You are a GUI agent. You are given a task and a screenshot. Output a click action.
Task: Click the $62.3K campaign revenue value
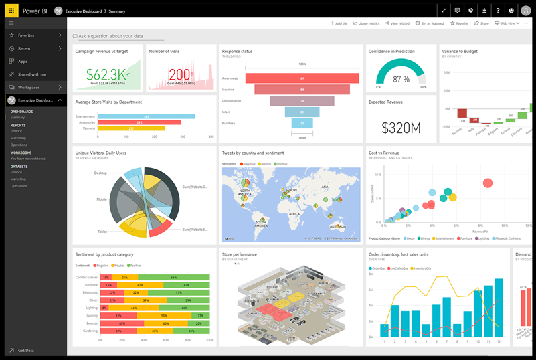pyautogui.click(x=106, y=73)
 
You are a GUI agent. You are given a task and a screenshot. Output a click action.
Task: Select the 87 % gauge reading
pyautogui.click(x=401, y=79)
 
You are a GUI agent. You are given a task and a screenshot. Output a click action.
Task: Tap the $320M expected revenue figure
pyautogui.click(x=401, y=128)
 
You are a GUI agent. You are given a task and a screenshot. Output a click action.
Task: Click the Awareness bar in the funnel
pyautogui.click(x=302, y=78)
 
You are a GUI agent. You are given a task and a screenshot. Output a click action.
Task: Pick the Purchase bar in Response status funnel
pyautogui.click(x=302, y=123)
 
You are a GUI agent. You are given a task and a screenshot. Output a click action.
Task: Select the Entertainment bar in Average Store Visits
pyautogui.click(x=146, y=116)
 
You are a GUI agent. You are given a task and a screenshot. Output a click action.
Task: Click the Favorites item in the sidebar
pyautogui.click(x=27, y=35)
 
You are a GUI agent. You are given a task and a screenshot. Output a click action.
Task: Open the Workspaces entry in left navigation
pyautogui.click(x=29, y=87)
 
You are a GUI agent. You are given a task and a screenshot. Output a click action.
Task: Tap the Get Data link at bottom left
pyautogui.click(x=27, y=350)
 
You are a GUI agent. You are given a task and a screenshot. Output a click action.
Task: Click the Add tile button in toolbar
pyautogui.click(x=339, y=23)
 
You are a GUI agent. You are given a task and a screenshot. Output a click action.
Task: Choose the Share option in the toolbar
pyautogui.click(x=481, y=23)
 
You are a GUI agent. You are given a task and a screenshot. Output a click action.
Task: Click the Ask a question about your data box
pyautogui.click(x=110, y=36)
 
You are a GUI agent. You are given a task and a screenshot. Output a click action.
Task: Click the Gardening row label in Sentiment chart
pyautogui.click(x=90, y=331)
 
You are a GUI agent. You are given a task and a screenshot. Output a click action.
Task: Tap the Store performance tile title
pyautogui.click(x=239, y=254)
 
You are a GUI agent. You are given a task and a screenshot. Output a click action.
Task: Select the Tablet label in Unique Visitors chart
pyautogui.click(x=102, y=232)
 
